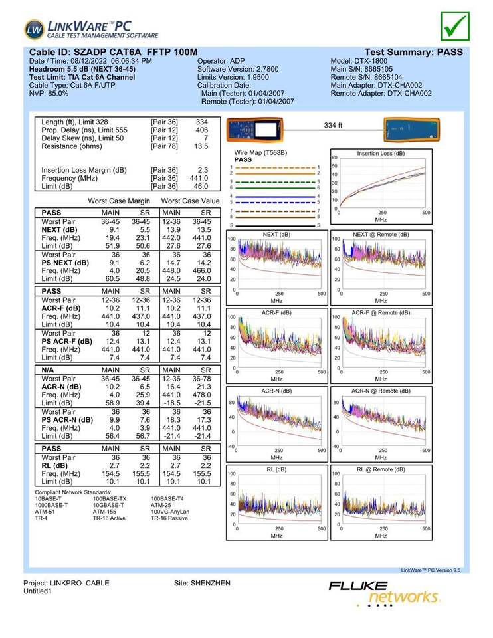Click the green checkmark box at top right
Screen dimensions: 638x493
[455, 25]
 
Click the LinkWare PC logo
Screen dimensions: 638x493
[92, 29]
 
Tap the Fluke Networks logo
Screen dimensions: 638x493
[383, 592]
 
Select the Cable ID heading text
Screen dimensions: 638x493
[114, 52]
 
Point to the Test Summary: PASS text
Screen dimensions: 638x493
[413, 52]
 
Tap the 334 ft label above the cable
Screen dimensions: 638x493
[333, 125]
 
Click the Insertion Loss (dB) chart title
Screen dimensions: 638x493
[381, 154]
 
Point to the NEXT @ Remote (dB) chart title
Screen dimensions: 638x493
[381, 235]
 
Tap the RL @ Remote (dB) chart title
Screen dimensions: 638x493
[381, 469]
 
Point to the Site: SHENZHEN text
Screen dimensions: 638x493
[202, 583]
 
